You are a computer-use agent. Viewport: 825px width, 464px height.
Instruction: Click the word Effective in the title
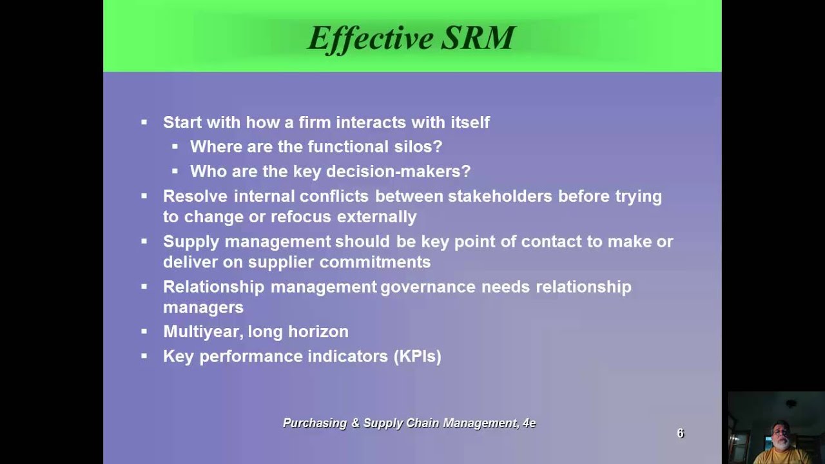pos(371,38)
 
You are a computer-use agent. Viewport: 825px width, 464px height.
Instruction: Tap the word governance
pos(428,287)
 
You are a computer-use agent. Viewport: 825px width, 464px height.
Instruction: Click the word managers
pos(203,307)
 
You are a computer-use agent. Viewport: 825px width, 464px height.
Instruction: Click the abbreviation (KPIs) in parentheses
pos(417,356)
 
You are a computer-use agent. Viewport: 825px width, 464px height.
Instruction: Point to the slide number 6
pos(680,434)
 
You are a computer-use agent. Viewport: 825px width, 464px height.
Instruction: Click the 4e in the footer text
pos(529,423)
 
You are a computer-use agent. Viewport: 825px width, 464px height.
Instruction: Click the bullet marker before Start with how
pos(144,122)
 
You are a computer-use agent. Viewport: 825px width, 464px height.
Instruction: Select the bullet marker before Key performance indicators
pos(144,356)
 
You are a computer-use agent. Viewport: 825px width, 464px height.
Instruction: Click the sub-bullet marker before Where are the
pos(175,146)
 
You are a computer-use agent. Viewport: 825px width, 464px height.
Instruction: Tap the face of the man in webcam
pos(781,436)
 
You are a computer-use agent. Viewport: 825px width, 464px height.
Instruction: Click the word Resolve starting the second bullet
pos(195,196)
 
